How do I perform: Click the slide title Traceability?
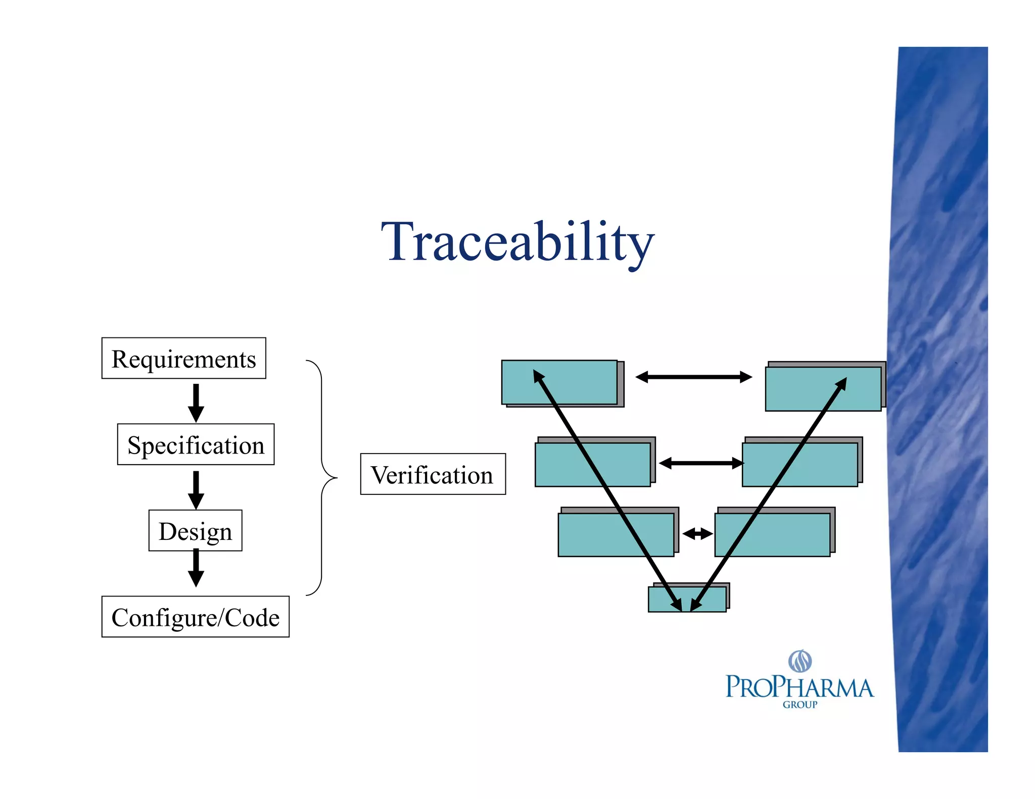517,242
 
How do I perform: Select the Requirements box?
183,359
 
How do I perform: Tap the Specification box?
196,444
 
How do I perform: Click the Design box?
195,531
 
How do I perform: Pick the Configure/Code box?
195,617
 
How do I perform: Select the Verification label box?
433,474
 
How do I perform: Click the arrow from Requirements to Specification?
196,403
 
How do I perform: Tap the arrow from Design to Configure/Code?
196,568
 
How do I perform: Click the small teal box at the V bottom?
662,600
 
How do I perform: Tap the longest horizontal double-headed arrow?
694,377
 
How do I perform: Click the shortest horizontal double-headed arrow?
697,533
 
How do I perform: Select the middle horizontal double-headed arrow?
700,463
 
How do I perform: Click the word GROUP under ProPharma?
799,705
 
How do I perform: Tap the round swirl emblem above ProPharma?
800,661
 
